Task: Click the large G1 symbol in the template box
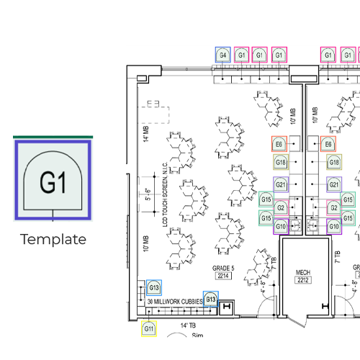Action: coord(53,181)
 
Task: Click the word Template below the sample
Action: coord(53,239)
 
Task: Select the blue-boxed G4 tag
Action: coord(223,55)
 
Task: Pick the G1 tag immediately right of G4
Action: coord(242,55)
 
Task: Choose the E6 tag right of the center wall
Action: coord(328,145)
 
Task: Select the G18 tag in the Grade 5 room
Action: coord(282,163)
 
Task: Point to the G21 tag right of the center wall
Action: coord(333,185)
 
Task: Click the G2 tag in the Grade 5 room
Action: coord(282,208)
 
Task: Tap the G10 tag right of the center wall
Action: coord(333,226)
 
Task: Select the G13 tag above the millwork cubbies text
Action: coord(153,288)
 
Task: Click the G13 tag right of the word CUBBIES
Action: coord(210,299)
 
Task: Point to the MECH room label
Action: coord(303,273)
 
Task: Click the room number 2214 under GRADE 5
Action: coord(221,276)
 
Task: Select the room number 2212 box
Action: coord(303,281)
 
